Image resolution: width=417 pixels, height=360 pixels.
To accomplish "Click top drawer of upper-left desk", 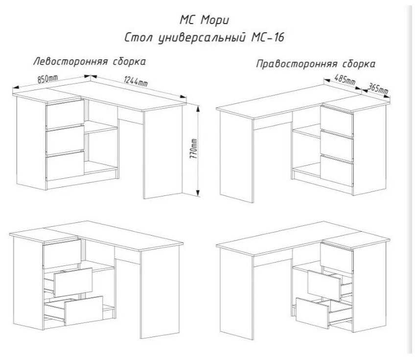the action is click(x=65, y=114).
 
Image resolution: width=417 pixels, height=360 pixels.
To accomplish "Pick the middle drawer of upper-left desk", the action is click(x=65, y=141).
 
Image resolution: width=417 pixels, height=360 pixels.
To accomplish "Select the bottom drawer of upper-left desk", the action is click(x=65, y=167).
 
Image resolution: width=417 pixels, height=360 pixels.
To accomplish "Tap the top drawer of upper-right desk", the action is click(x=337, y=121).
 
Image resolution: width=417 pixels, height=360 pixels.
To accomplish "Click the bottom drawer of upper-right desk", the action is click(x=337, y=170).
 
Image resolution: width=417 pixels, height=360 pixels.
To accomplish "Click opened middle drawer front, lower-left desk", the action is click(x=73, y=282).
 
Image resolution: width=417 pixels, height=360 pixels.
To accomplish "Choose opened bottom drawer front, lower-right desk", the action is click(x=312, y=313).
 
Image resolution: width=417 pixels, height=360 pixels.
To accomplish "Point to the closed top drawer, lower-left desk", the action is click(x=62, y=253).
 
